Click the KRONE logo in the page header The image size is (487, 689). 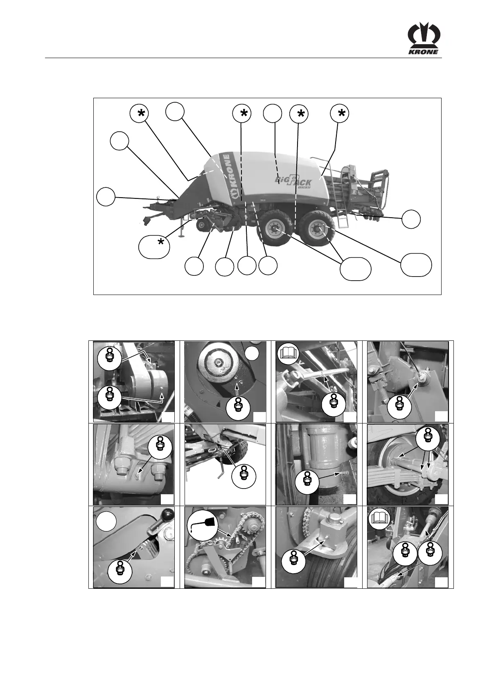[424, 39]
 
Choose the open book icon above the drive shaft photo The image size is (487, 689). [379, 519]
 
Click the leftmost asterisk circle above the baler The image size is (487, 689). [140, 114]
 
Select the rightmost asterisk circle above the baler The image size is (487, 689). [339, 113]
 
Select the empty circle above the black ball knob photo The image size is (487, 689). [106, 521]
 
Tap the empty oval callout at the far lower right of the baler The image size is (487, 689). [416, 265]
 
